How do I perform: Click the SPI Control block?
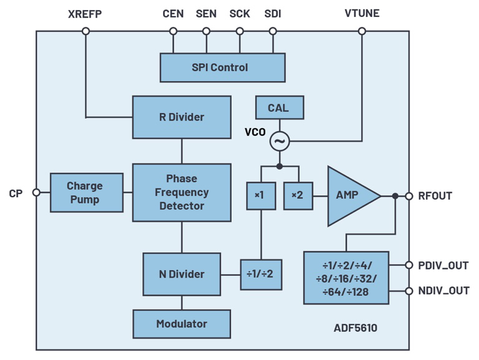click(x=222, y=67)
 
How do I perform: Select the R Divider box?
click(x=182, y=117)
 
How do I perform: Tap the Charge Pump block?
click(x=86, y=193)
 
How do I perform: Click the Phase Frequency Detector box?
click(x=182, y=192)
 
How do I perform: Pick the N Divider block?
click(x=182, y=274)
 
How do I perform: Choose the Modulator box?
click(x=182, y=324)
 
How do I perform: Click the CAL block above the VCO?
click(x=279, y=107)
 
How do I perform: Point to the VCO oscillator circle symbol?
click(x=279, y=142)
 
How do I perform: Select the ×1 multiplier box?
click(x=259, y=195)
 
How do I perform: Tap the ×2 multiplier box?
click(x=297, y=195)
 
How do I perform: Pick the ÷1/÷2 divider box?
click(x=260, y=275)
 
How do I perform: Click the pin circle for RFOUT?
click(x=409, y=196)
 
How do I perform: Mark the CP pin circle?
click(x=36, y=193)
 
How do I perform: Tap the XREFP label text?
click(x=85, y=14)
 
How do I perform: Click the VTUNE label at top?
click(x=362, y=14)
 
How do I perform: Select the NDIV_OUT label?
click(x=443, y=291)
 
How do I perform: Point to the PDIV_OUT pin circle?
click(x=409, y=265)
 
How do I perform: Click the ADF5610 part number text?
click(x=356, y=328)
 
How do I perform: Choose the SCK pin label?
click(x=240, y=14)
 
